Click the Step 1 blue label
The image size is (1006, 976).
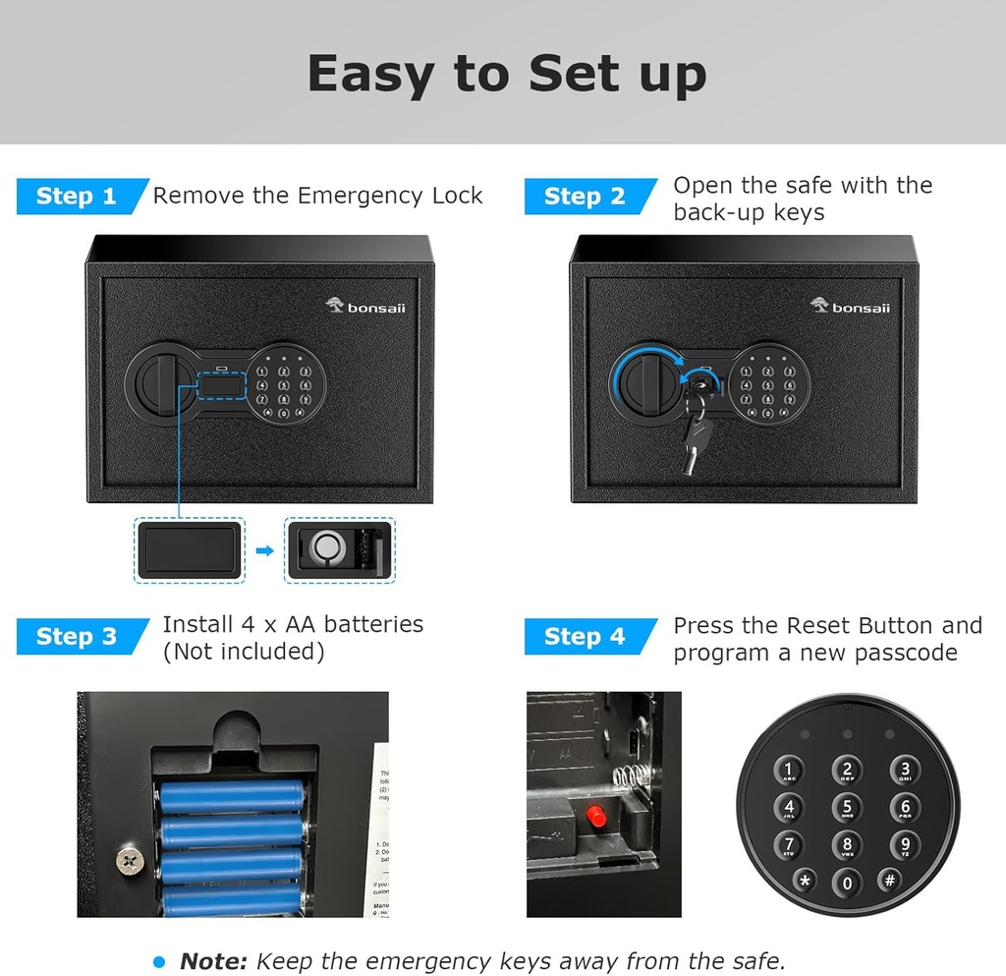pyautogui.click(x=77, y=197)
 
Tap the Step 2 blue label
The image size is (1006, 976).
pyautogui.click(x=585, y=197)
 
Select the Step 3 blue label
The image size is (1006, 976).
pyautogui.click(x=77, y=637)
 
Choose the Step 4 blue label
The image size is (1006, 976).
pyautogui.click(x=585, y=637)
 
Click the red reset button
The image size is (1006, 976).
pyautogui.click(x=593, y=815)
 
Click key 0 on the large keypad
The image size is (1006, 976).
pyautogui.click(x=847, y=882)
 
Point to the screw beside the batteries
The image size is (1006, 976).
pyautogui.click(x=128, y=860)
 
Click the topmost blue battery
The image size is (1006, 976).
pyautogui.click(x=232, y=795)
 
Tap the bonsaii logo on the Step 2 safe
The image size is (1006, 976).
pyautogui.click(x=851, y=307)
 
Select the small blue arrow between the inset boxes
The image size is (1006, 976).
pyautogui.click(x=264, y=550)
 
